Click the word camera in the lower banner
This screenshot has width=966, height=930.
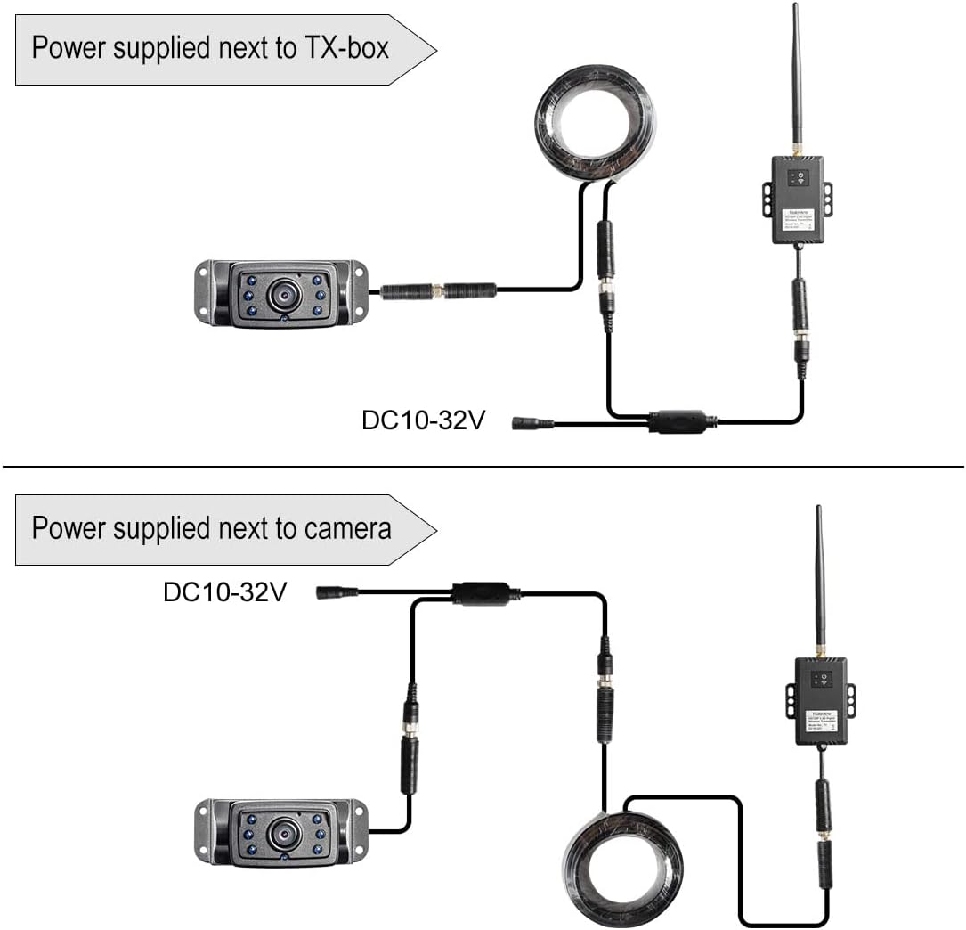tap(348, 528)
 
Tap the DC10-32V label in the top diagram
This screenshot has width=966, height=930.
tap(423, 420)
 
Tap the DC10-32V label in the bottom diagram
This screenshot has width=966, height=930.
tap(224, 591)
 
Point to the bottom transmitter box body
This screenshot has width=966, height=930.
tap(821, 704)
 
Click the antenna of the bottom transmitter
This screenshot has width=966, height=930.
tap(820, 579)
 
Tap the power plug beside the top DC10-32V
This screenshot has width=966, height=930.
tap(532, 423)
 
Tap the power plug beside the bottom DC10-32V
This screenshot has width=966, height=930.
tap(337, 591)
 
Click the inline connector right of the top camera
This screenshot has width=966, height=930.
tap(437, 290)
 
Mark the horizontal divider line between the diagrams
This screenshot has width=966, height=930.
tap(483, 466)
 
